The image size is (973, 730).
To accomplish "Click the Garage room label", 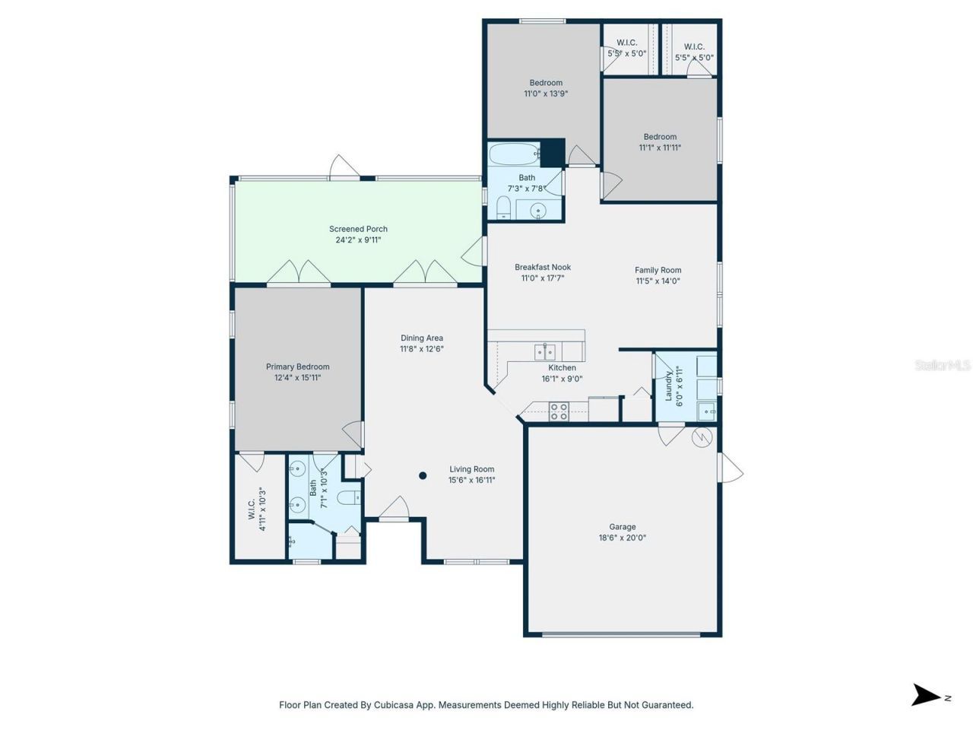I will (622, 527).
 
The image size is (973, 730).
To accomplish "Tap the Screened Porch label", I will (358, 229).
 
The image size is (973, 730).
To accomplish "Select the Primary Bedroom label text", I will (297, 367).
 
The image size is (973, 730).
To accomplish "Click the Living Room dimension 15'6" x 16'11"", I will (471, 480).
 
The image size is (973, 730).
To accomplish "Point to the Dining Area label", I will (422, 338).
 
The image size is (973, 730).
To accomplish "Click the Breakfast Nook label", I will (543, 267).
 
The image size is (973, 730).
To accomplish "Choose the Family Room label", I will (658, 270).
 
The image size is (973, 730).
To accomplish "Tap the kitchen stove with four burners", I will (559, 411).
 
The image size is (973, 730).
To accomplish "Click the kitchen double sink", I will (544, 351).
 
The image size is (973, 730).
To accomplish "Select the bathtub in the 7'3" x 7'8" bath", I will (515, 155).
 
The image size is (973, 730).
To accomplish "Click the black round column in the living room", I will (423, 476).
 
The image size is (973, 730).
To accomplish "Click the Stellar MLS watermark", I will (942, 366).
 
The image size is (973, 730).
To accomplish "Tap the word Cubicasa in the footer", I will (393, 705).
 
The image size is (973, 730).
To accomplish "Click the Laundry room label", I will (669, 386).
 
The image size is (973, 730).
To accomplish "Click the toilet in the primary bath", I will (348, 499).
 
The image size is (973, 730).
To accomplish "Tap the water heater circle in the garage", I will (701, 437).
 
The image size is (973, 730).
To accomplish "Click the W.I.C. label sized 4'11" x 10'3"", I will (251, 509).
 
